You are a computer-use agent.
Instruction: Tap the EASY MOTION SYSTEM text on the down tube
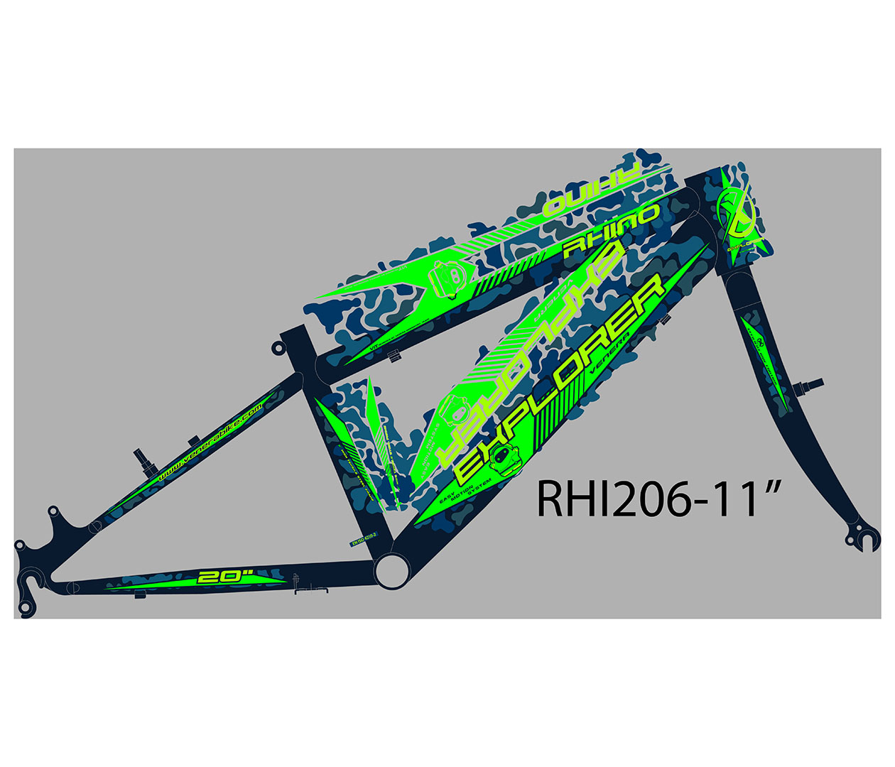(x=466, y=489)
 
